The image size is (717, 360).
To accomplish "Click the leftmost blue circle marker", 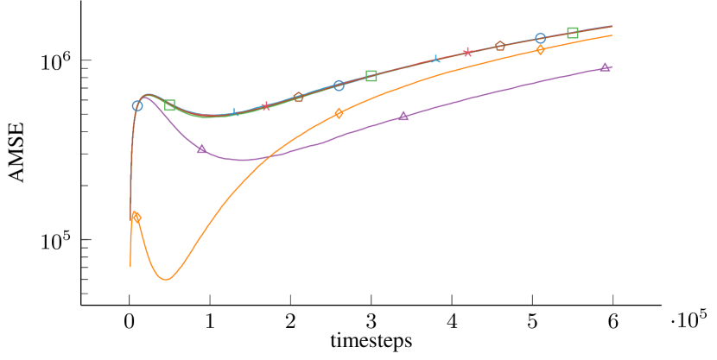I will coord(137,106).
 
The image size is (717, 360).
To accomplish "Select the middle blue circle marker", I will coord(339,85).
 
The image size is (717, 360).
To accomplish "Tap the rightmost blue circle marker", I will coord(540,39).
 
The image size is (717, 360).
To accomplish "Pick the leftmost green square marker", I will coord(169,105).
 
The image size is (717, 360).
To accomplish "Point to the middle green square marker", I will coord(371,76).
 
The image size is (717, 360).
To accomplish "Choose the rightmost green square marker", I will coord(573,33).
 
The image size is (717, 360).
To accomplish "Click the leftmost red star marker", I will coord(266,106).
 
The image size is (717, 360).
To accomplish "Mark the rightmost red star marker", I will coord(467,53).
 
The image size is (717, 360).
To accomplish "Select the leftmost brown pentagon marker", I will coord(298,98).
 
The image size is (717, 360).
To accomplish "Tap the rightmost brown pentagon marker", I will coord(499,46).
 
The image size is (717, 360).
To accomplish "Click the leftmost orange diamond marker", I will coord(136,217).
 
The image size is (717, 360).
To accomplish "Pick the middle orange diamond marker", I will coord(339,113).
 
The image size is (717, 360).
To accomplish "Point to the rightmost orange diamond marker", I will coord(540,50).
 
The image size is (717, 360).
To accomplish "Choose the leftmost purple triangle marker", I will coord(201,148).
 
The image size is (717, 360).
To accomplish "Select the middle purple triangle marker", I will coord(403,116).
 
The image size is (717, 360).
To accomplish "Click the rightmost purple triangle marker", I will coord(605,66).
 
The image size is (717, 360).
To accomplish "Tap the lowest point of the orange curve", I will coord(166,279).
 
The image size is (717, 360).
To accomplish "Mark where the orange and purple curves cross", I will coord(270,156).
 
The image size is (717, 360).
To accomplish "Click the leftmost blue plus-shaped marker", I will coord(234,113).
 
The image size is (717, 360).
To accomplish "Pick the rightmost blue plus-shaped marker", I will coord(435,60).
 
